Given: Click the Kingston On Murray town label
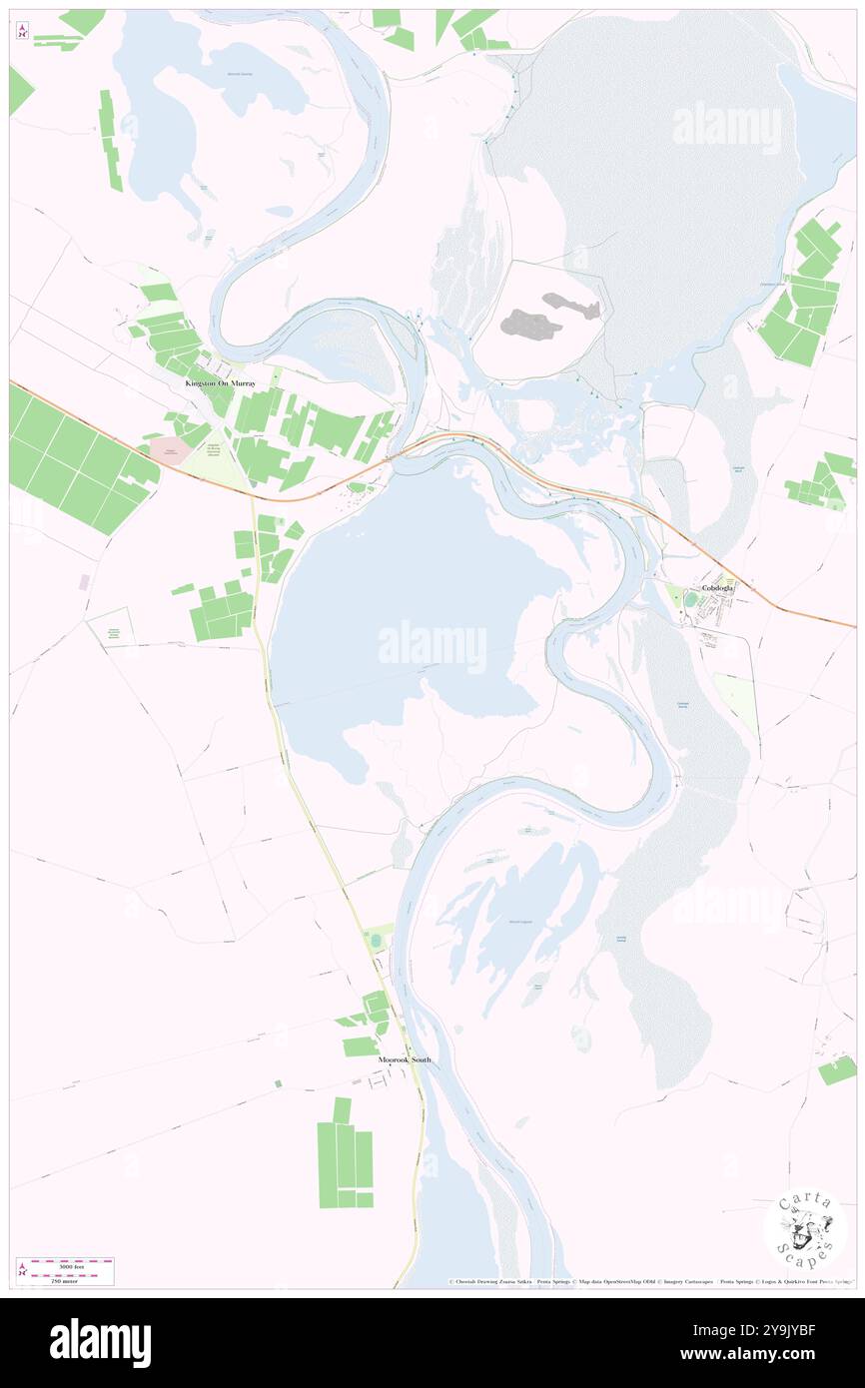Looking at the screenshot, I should pos(220,383).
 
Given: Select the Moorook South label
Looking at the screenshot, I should pos(405,1058).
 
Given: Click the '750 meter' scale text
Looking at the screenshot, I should pos(59,1279).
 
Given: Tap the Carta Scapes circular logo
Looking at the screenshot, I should pos(804,1227).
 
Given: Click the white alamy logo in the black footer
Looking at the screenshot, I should pos(100,1342).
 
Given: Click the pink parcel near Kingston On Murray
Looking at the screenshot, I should pos(170,450).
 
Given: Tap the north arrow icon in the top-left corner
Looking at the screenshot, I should pos(22,31).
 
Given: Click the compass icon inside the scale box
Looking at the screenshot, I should pos(23,1271).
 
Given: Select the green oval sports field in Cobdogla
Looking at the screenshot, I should pos(690,599).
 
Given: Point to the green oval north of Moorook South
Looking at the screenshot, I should pos(376,941).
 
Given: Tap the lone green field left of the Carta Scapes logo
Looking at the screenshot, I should pos(837,1070).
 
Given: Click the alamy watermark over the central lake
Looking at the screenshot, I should pos(432,645).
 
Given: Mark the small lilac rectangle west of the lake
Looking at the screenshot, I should pos(85,580).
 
